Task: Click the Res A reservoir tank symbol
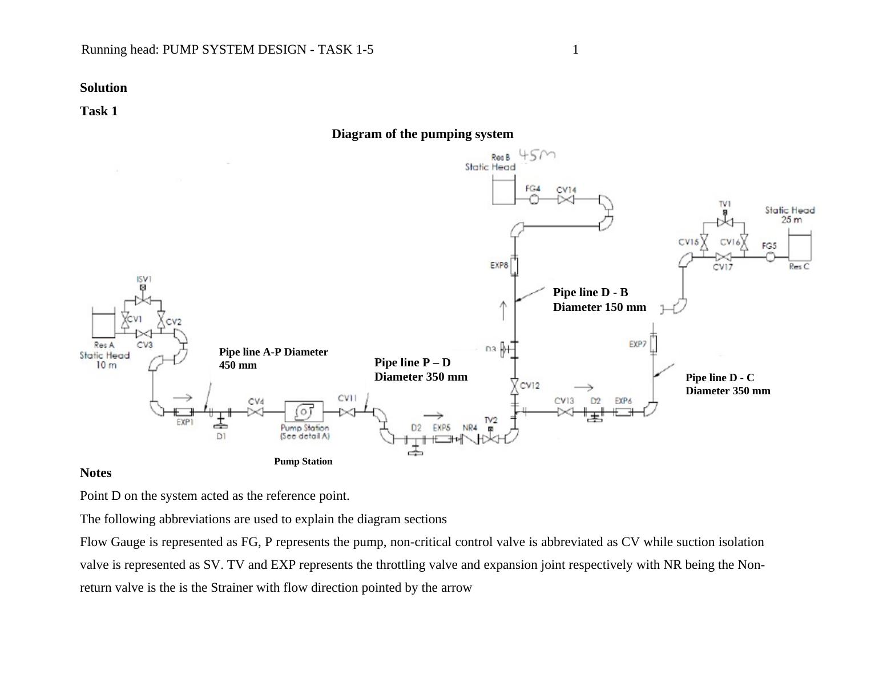pos(103,324)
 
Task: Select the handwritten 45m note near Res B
pos(537,155)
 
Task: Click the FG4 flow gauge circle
pos(534,199)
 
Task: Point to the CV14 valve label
pos(566,189)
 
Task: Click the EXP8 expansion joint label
pos(499,265)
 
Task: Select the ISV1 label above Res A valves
pos(144,279)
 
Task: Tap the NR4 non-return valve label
pos(470,427)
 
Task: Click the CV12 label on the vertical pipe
pos(530,386)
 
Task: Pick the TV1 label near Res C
pos(725,204)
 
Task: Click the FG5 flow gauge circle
pos(771,257)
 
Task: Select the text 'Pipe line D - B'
pos(590,293)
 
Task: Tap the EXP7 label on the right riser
pos(638,344)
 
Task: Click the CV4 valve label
pos(256,402)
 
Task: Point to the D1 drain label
pos(221,436)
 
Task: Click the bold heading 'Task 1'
pos(99,111)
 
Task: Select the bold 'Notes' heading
pos(96,473)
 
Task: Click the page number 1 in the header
pos(575,50)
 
